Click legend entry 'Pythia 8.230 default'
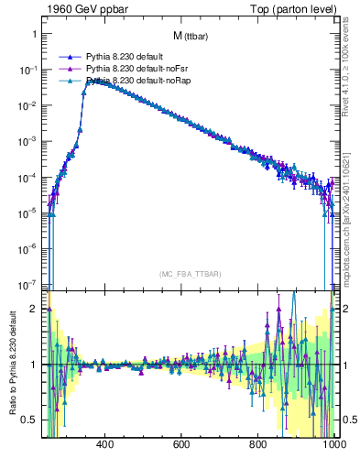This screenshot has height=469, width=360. (x=124, y=56)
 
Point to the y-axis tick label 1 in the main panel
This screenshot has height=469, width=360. (x=33, y=34)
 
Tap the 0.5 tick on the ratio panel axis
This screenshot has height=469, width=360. (x=28, y=420)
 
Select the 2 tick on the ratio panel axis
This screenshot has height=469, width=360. (x=33, y=309)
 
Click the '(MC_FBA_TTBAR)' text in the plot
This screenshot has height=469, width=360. (x=189, y=274)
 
